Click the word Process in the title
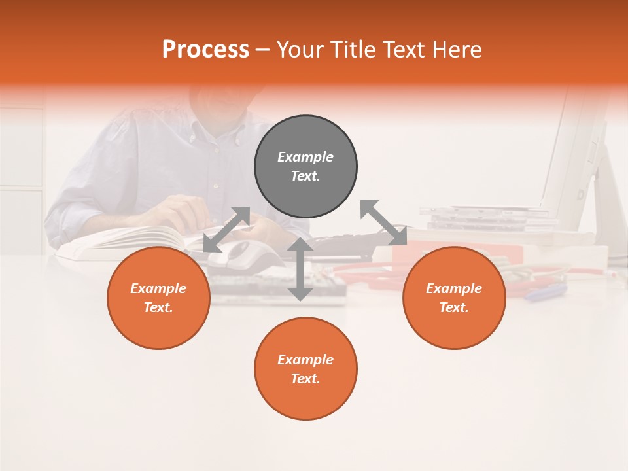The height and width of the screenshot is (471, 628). [205, 50]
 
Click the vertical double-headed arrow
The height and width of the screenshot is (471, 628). [300, 269]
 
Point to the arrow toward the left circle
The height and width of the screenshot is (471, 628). [226, 230]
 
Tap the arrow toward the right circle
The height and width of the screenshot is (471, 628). [384, 222]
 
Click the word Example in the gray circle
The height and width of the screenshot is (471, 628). [305, 157]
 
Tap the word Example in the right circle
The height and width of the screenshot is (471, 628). [454, 288]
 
